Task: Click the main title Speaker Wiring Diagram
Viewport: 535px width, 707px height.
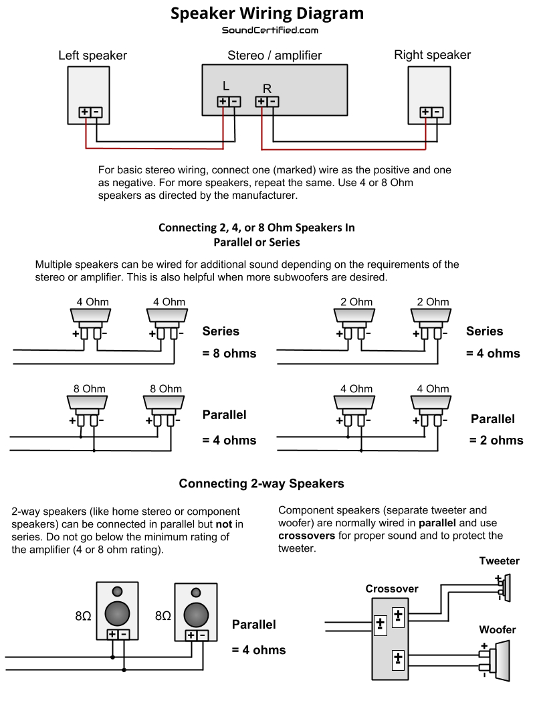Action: [267, 13]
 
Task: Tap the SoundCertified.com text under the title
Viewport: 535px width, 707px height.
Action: [270, 30]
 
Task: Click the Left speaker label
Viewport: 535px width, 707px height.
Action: [92, 55]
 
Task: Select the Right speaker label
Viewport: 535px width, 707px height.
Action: [432, 55]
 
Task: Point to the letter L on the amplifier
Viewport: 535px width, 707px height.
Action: [226, 86]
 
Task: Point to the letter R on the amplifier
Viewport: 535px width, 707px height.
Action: [267, 88]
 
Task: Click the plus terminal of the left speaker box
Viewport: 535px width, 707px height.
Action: [85, 112]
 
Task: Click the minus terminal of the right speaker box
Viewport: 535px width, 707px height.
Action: [437, 112]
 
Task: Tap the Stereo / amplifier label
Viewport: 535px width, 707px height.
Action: [274, 55]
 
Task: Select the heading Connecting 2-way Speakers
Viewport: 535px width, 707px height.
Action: [261, 483]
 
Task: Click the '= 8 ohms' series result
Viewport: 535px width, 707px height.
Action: [229, 353]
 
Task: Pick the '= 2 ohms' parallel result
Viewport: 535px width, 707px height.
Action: [496, 440]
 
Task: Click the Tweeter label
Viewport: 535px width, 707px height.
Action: [499, 561]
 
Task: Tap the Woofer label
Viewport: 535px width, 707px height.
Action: [497, 629]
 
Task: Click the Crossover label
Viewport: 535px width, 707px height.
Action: [392, 588]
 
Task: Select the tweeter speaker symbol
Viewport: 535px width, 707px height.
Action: [506, 586]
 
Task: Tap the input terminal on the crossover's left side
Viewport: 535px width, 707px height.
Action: [380, 624]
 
